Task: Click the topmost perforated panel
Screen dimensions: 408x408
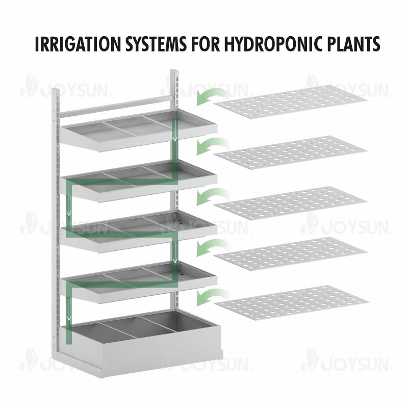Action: pyautogui.click(x=290, y=101)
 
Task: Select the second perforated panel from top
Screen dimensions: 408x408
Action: pyautogui.click(x=290, y=152)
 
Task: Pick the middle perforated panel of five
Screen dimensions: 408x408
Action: pyautogui.click(x=290, y=203)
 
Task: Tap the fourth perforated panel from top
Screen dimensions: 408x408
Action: pyautogui.click(x=290, y=254)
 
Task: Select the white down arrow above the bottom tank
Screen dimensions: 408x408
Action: pyautogui.click(x=69, y=310)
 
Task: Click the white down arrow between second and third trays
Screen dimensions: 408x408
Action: pyautogui.click(x=69, y=205)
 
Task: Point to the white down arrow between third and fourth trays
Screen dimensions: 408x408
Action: pyautogui.click(x=176, y=252)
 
